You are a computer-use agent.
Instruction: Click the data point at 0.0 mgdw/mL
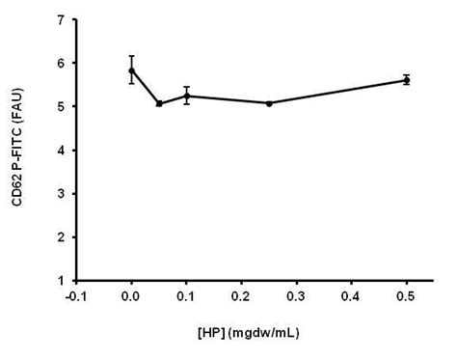tap(131, 69)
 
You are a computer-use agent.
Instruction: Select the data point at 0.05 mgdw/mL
tap(158, 103)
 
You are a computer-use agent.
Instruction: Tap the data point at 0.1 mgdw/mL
tap(186, 96)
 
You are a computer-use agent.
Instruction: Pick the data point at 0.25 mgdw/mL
tap(269, 102)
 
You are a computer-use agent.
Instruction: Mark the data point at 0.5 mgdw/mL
tap(407, 80)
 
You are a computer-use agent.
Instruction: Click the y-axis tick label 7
tap(61, 19)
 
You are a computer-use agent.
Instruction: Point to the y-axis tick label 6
tap(61, 63)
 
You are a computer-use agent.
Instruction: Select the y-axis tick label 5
tap(61, 106)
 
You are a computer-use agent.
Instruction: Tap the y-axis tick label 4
tap(61, 150)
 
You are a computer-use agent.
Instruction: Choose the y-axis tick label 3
tap(61, 193)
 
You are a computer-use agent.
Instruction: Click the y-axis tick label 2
tap(61, 236)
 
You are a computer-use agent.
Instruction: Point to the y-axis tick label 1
tap(61, 280)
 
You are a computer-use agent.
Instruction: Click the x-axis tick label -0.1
tap(76, 296)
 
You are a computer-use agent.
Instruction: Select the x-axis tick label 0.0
tap(131, 296)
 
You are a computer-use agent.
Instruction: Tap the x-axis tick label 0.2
tap(241, 296)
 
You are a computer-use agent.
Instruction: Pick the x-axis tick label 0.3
tap(296, 296)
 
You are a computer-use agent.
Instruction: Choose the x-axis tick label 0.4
tap(352, 296)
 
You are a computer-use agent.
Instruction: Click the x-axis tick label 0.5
tap(407, 296)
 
